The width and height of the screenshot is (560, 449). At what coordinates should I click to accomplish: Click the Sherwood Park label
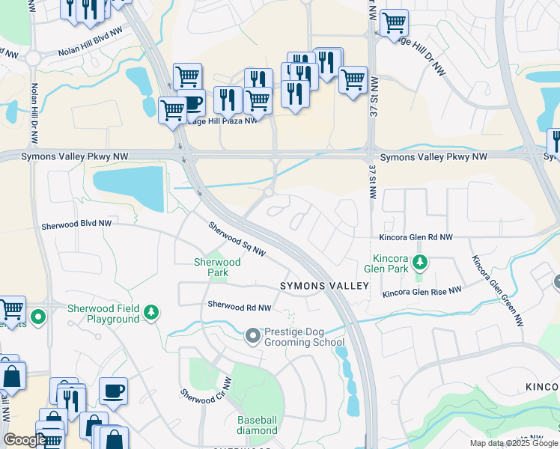[x=217, y=268]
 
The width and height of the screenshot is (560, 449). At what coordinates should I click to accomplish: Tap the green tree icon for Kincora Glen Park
[x=421, y=262]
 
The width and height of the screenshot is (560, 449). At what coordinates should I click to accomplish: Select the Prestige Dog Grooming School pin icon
[x=253, y=336]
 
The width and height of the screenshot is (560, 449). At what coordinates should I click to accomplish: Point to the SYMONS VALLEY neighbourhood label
[x=325, y=287]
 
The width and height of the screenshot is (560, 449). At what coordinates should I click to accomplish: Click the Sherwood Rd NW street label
[x=240, y=306]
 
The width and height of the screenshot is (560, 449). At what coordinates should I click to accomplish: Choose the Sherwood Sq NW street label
[x=237, y=239]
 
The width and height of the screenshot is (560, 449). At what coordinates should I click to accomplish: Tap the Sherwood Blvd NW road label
[x=76, y=224]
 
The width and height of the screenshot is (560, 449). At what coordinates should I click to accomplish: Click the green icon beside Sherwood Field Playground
[x=152, y=312]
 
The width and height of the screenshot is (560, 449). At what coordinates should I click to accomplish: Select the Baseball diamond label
[x=258, y=425]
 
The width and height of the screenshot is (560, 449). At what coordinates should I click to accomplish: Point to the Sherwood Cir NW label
[x=207, y=396]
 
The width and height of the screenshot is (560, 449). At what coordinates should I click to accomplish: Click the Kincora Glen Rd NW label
[x=416, y=237]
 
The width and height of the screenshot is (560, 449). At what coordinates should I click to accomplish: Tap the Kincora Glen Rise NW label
[x=421, y=293]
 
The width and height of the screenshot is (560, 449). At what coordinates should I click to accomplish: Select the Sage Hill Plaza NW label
[x=222, y=120]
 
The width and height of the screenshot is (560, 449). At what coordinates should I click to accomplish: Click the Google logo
[x=24, y=440]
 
